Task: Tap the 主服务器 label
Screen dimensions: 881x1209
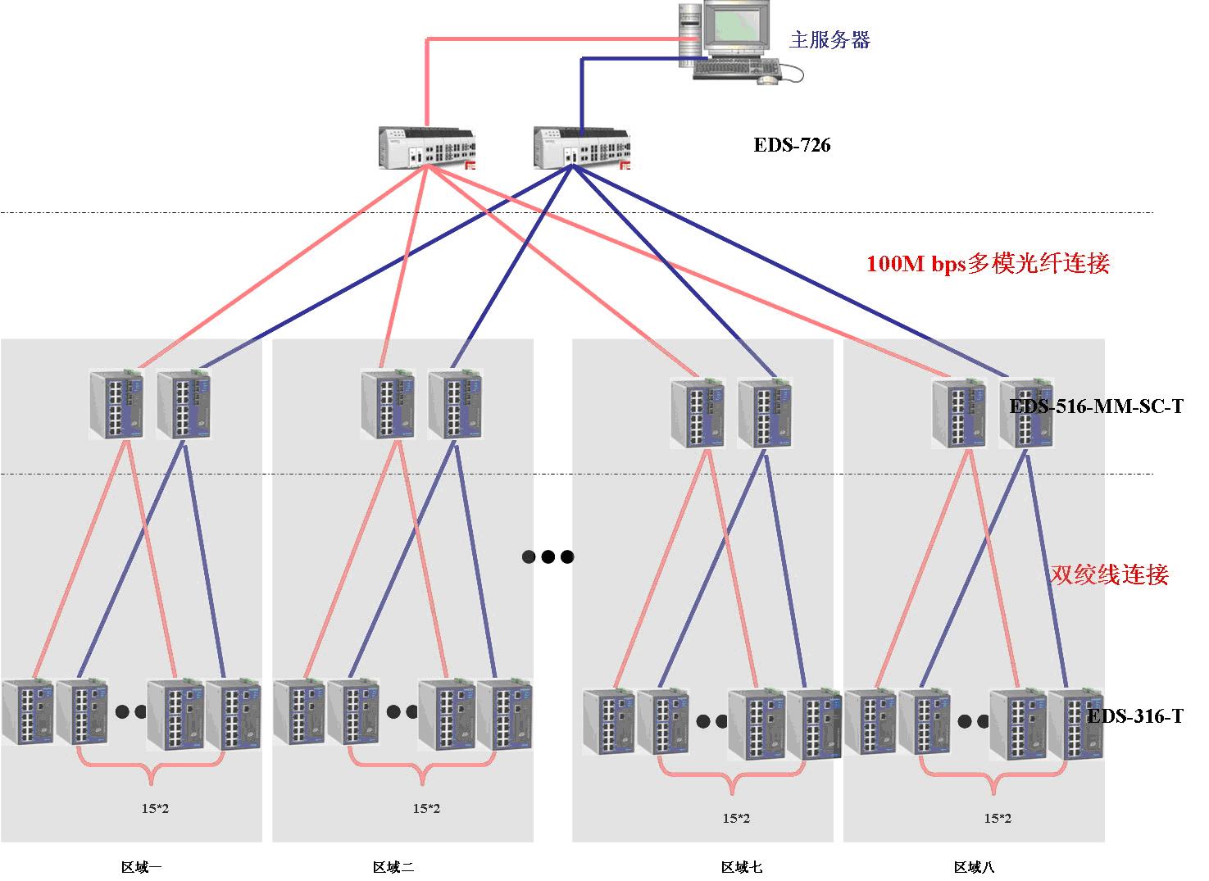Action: [x=829, y=40]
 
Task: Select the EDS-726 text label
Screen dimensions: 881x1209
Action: [x=792, y=146]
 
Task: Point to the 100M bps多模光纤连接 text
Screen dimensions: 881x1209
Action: [x=988, y=264]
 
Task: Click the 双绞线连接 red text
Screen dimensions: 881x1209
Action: [x=1109, y=574]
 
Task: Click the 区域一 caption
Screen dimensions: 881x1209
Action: [x=141, y=867]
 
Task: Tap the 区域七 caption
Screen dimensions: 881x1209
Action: [x=742, y=867]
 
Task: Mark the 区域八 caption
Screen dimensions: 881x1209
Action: [x=974, y=867]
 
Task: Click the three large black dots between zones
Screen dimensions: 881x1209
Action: [x=548, y=557]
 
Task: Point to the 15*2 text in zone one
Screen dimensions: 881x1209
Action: [x=155, y=809]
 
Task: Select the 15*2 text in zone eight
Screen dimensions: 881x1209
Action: [x=997, y=818]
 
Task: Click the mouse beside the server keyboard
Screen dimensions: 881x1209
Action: [x=768, y=79]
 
